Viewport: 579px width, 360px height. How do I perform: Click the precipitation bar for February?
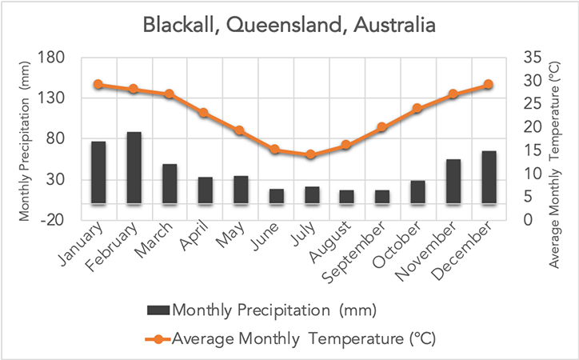tap(134, 168)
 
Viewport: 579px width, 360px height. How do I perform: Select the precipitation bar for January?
tap(98, 173)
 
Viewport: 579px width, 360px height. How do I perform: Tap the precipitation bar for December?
tap(489, 178)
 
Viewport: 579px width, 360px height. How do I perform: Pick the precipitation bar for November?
tap(453, 182)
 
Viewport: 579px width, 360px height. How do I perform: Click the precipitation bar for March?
tap(170, 184)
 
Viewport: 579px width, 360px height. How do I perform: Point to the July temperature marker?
tap(311, 154)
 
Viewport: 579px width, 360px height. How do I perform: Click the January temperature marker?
tap(98, 84)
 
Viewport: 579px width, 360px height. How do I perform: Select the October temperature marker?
tap(417, 108)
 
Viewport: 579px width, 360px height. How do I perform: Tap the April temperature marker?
tap(205, 113)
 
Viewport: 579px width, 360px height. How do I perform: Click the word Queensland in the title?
tap(274, 25)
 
